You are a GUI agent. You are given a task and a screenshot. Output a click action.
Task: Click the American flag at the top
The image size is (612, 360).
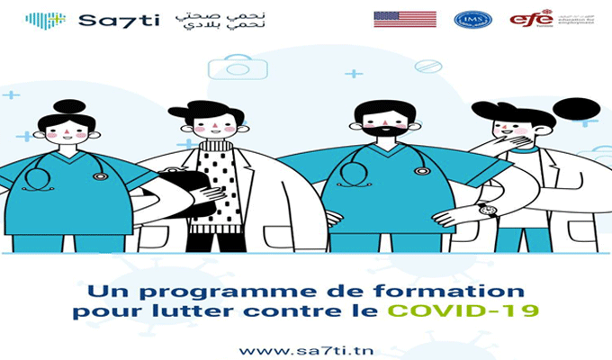[x=404, y=19]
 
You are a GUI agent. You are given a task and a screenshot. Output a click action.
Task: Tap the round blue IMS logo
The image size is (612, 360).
[x=472, y=19]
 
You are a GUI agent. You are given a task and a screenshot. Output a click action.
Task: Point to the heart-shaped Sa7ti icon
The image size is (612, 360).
[x=45, y=20]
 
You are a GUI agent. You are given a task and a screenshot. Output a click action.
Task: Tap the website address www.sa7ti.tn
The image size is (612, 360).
[x=307, y=347]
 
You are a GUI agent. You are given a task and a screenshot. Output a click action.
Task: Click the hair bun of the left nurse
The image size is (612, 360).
[x=68, y=106]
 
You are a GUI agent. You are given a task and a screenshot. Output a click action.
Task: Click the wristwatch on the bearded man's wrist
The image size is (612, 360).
[x=488, y=210]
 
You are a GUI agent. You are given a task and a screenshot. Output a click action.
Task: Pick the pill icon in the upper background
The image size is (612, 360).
[x=427, y=66]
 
